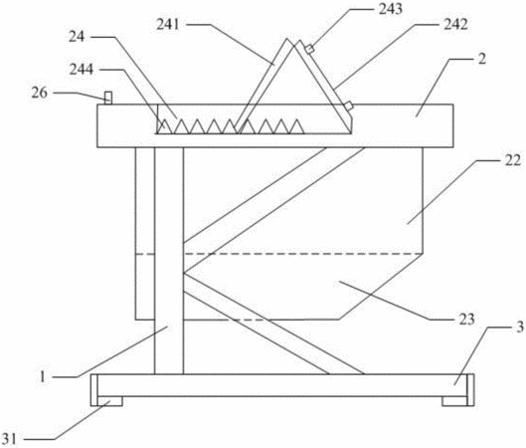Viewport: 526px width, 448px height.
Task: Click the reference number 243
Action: pos(390,9)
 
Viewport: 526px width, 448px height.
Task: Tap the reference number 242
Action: pos(455,24)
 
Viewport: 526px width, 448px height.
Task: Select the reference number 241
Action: pos(168,25)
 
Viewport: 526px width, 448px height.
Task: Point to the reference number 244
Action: pos(82,70)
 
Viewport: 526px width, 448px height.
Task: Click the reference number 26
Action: pos(40,93)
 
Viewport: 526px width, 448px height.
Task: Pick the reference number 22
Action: pos(513,160)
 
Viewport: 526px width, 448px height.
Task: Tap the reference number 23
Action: pos(466,319)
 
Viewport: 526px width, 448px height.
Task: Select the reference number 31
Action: pos(9,439)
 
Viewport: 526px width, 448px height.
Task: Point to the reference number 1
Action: pos(43,376)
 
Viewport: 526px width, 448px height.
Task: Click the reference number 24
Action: pos(77,37)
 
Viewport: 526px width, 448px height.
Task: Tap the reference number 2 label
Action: pos(481,59)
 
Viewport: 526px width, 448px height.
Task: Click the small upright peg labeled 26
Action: pos(108,98)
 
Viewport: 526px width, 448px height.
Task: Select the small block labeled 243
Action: pos(309,50)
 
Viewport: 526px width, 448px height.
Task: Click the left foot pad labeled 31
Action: pos(110,401)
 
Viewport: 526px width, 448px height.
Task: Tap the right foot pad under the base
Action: pos(454,401)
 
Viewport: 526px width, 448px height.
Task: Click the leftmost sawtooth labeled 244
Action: pos(163,126)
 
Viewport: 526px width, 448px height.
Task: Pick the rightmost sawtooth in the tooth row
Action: pos(296,126)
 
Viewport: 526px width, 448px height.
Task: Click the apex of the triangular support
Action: pos(295,46)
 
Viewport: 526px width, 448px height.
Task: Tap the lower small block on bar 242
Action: pos(349,107)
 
